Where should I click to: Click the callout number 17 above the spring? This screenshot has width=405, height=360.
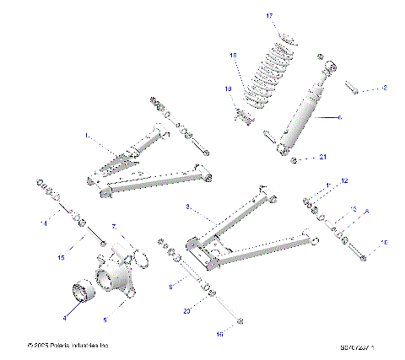270,16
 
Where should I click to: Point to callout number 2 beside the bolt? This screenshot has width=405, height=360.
384,88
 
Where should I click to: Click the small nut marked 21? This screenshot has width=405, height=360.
293,159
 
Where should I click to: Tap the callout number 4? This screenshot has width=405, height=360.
63,319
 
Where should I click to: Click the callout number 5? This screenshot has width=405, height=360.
105,320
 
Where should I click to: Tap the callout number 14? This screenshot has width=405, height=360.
44,223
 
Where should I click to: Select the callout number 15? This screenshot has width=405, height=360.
60,257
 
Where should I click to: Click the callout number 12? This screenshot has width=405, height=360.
343,181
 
